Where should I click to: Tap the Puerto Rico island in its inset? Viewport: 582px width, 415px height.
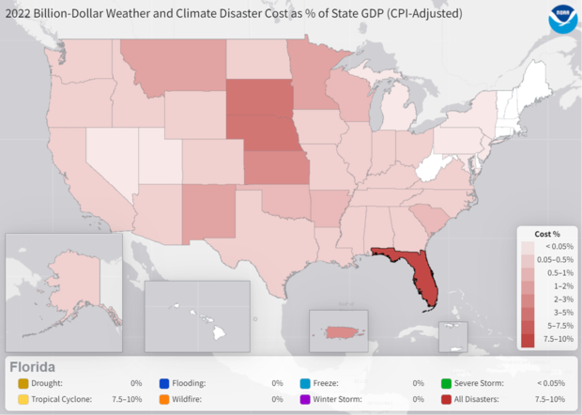(339, 331)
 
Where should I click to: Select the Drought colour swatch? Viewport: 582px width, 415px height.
(23, 383)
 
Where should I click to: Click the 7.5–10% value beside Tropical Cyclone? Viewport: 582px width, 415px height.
(127, 398)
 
